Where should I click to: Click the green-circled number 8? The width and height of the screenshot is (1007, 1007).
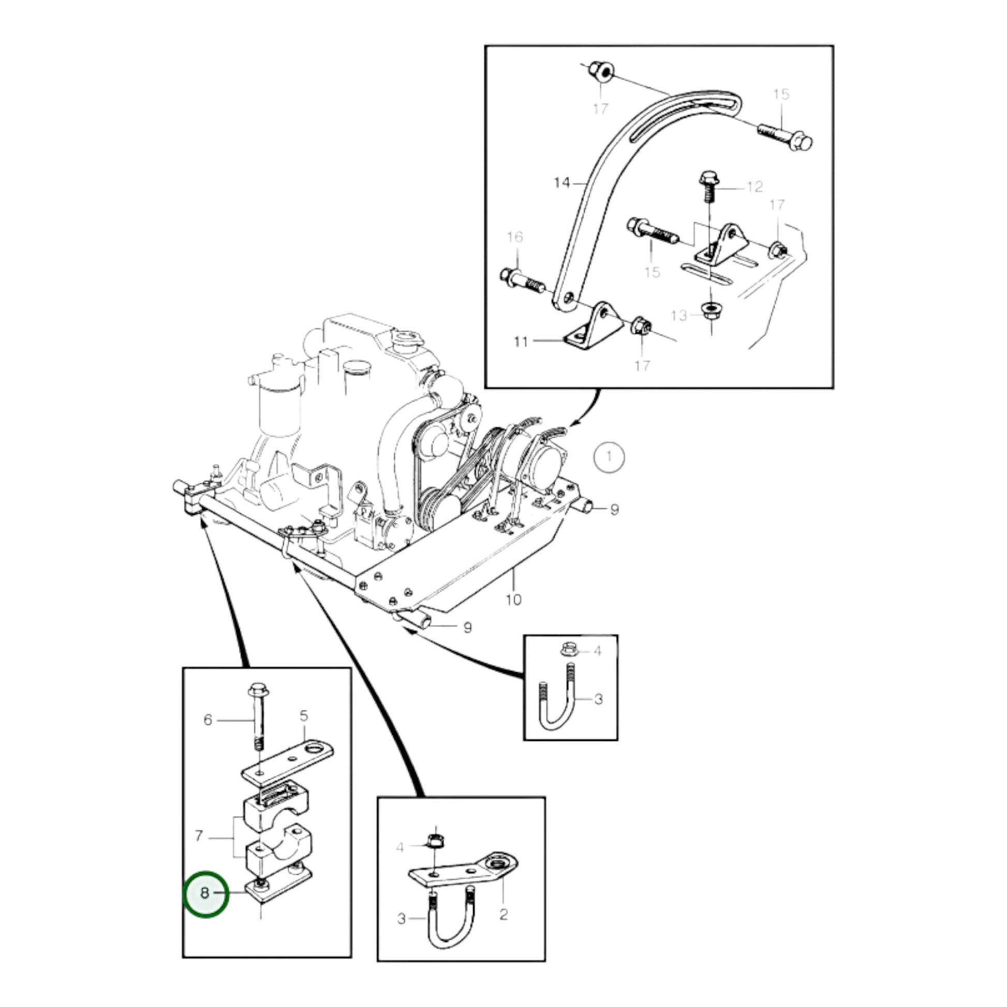coord(205,893)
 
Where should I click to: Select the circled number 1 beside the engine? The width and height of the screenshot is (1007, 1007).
coord(609,456)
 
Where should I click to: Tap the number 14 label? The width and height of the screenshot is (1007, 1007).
coord(562,183)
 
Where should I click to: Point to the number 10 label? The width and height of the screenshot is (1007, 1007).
coord(513,599)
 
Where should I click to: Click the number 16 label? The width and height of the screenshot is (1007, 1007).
coord(514,237)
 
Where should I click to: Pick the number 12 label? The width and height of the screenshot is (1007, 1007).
coord(754,187)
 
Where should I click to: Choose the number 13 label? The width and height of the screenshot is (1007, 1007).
coord(679,315)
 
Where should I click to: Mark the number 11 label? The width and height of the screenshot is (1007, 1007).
coord(521,342)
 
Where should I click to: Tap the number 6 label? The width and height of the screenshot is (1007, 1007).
coord(208,720)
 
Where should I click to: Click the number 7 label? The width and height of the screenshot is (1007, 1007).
coord(198,836)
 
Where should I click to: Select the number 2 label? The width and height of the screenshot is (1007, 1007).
coord(503,914)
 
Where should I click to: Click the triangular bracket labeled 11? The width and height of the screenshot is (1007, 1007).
coord(594,322)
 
